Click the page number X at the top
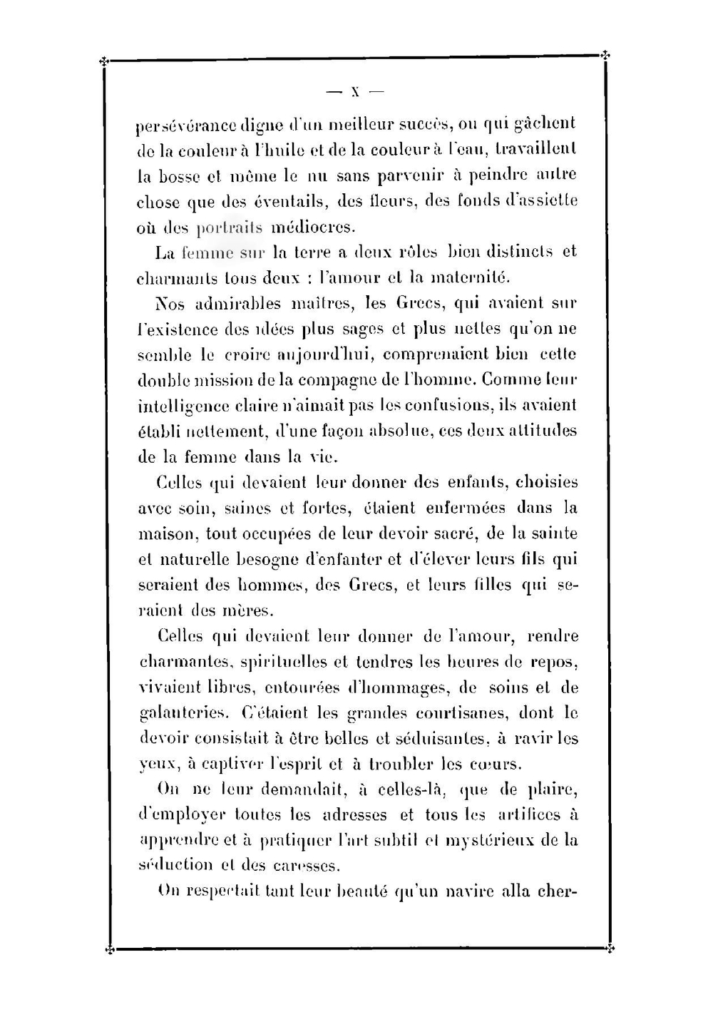point(354,92)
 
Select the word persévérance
point(178,126)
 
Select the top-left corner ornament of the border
point(105,61)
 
